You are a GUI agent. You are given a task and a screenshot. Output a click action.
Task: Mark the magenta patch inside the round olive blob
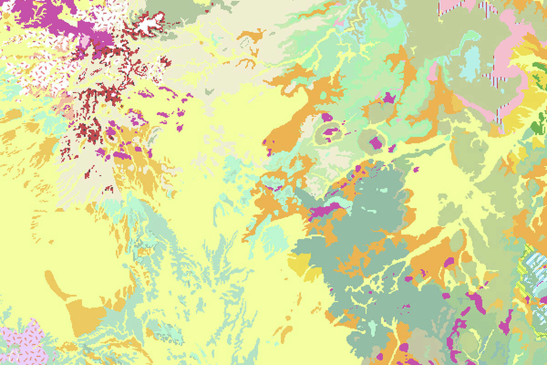pos(375,142)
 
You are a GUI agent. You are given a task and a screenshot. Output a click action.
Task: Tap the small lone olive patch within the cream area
pos(210,91)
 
